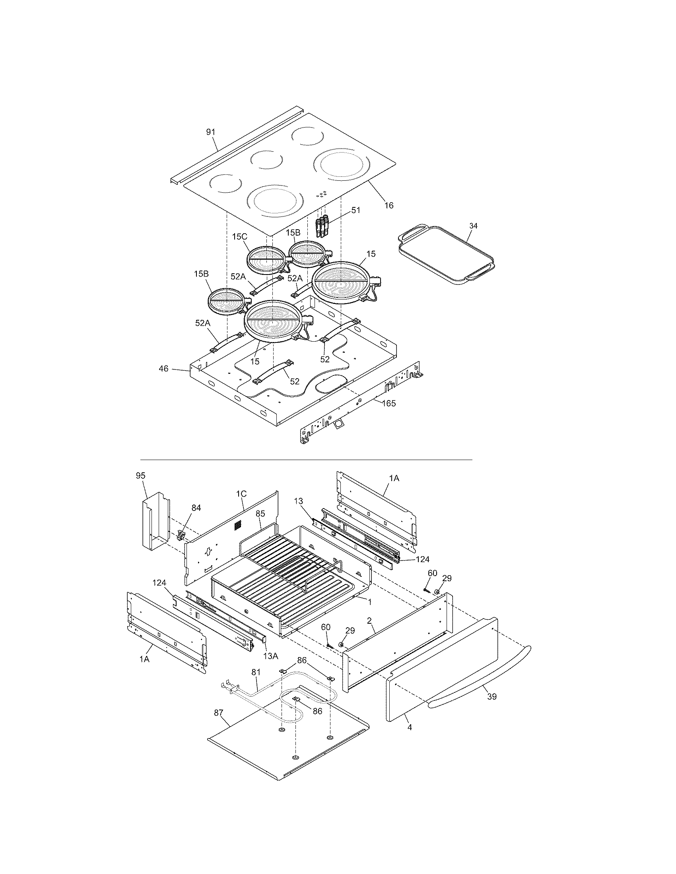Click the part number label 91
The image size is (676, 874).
tap(211, 132)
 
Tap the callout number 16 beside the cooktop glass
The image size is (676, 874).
tap(389, 205)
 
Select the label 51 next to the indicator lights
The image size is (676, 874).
tap(355, 210)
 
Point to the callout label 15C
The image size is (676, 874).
tap(239, 236)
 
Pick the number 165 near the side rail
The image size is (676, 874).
tap(389, 403)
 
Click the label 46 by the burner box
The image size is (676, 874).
tap(163, 369)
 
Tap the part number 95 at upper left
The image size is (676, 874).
tap(140, 476)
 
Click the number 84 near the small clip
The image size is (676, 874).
tap(196, 508)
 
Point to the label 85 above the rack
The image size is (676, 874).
tap(260, 513)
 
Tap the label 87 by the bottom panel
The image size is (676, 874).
tap(218, 712)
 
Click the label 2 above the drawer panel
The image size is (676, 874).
tap(369, 621)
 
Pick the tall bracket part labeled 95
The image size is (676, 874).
tap(155, 520)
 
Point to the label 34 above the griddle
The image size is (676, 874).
tap(473, 226)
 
